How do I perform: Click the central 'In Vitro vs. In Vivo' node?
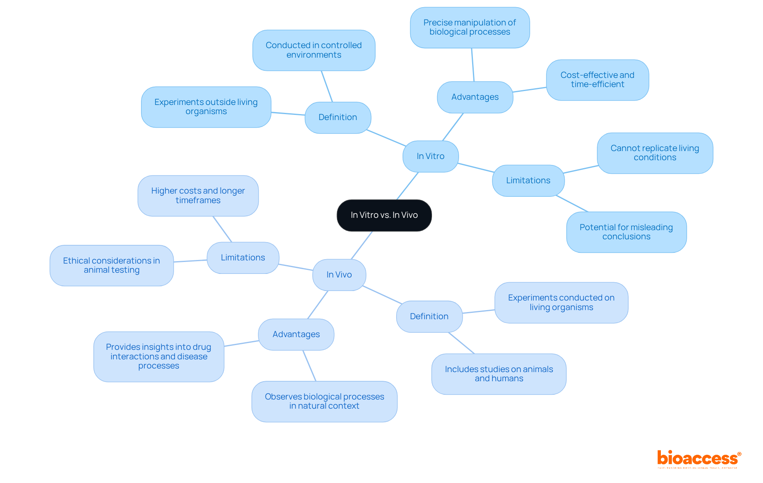[x=384, y=215]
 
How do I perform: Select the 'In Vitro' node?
[x=430, y=156]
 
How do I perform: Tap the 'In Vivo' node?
[x=339, y=275]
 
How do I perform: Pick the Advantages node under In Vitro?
[x=475, y=97]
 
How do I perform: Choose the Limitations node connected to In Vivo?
[x=243, y=258]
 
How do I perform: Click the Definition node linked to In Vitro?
[x=338, y=117]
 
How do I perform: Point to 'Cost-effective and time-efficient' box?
[x=597, y=80]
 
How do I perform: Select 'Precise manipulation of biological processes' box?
[x=470, y=27]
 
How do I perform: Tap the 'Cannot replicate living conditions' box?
[x=655, y=153]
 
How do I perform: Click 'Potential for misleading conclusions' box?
[x=626, y=232]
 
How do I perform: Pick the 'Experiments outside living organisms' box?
[x=206, y=107]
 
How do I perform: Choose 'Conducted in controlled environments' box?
[x=314, y=50]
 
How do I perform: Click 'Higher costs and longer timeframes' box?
[x=198, y=196]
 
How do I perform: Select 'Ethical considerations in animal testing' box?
[x=111, y=266]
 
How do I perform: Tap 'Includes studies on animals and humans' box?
[x=499, y=374]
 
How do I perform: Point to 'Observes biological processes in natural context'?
[x=324, y=402]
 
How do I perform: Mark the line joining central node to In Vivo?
[x=362, y=245]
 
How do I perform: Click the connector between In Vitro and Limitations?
[x=476, y=168]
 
